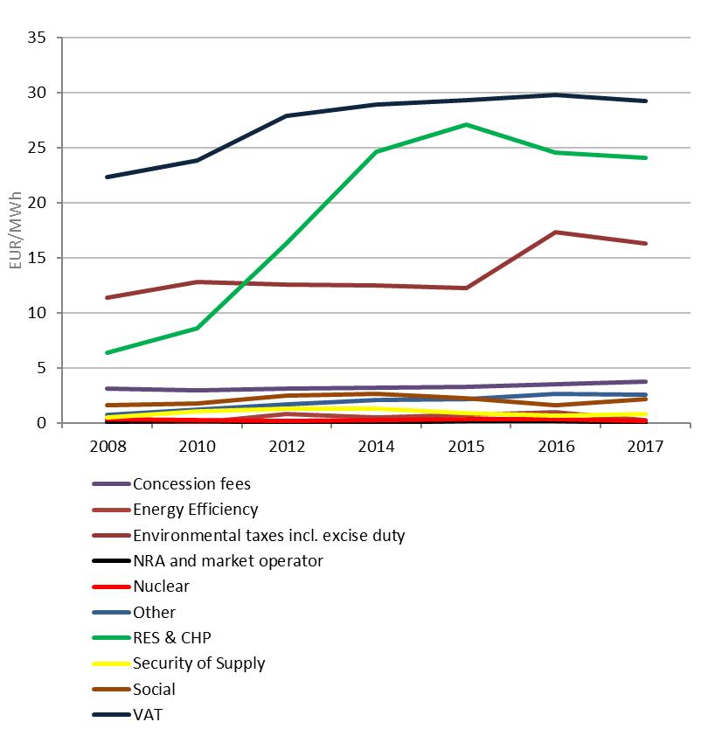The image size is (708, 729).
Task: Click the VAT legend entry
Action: click(x=147, y=714)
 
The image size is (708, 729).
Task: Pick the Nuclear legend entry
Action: click(x=161, y=586)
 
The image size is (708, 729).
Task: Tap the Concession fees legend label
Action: click(x=191, y=483)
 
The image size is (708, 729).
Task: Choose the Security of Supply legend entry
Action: click(x=198, y=663)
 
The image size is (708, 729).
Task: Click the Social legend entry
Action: click(x=154, y=689)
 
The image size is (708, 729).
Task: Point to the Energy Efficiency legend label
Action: click(x=195, y=509)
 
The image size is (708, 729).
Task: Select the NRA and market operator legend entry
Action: click(x=227, y=560)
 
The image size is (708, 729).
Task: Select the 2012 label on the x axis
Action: click(x=287, y=446)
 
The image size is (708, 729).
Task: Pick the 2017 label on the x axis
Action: click(x=646, y=446)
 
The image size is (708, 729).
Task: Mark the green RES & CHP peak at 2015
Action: click(x=466, y=124)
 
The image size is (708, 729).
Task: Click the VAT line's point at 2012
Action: click(x=287, y=115)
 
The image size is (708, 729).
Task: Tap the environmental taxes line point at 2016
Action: click(x=556, y=232)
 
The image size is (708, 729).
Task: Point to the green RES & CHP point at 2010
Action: click(x=197, y=328)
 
